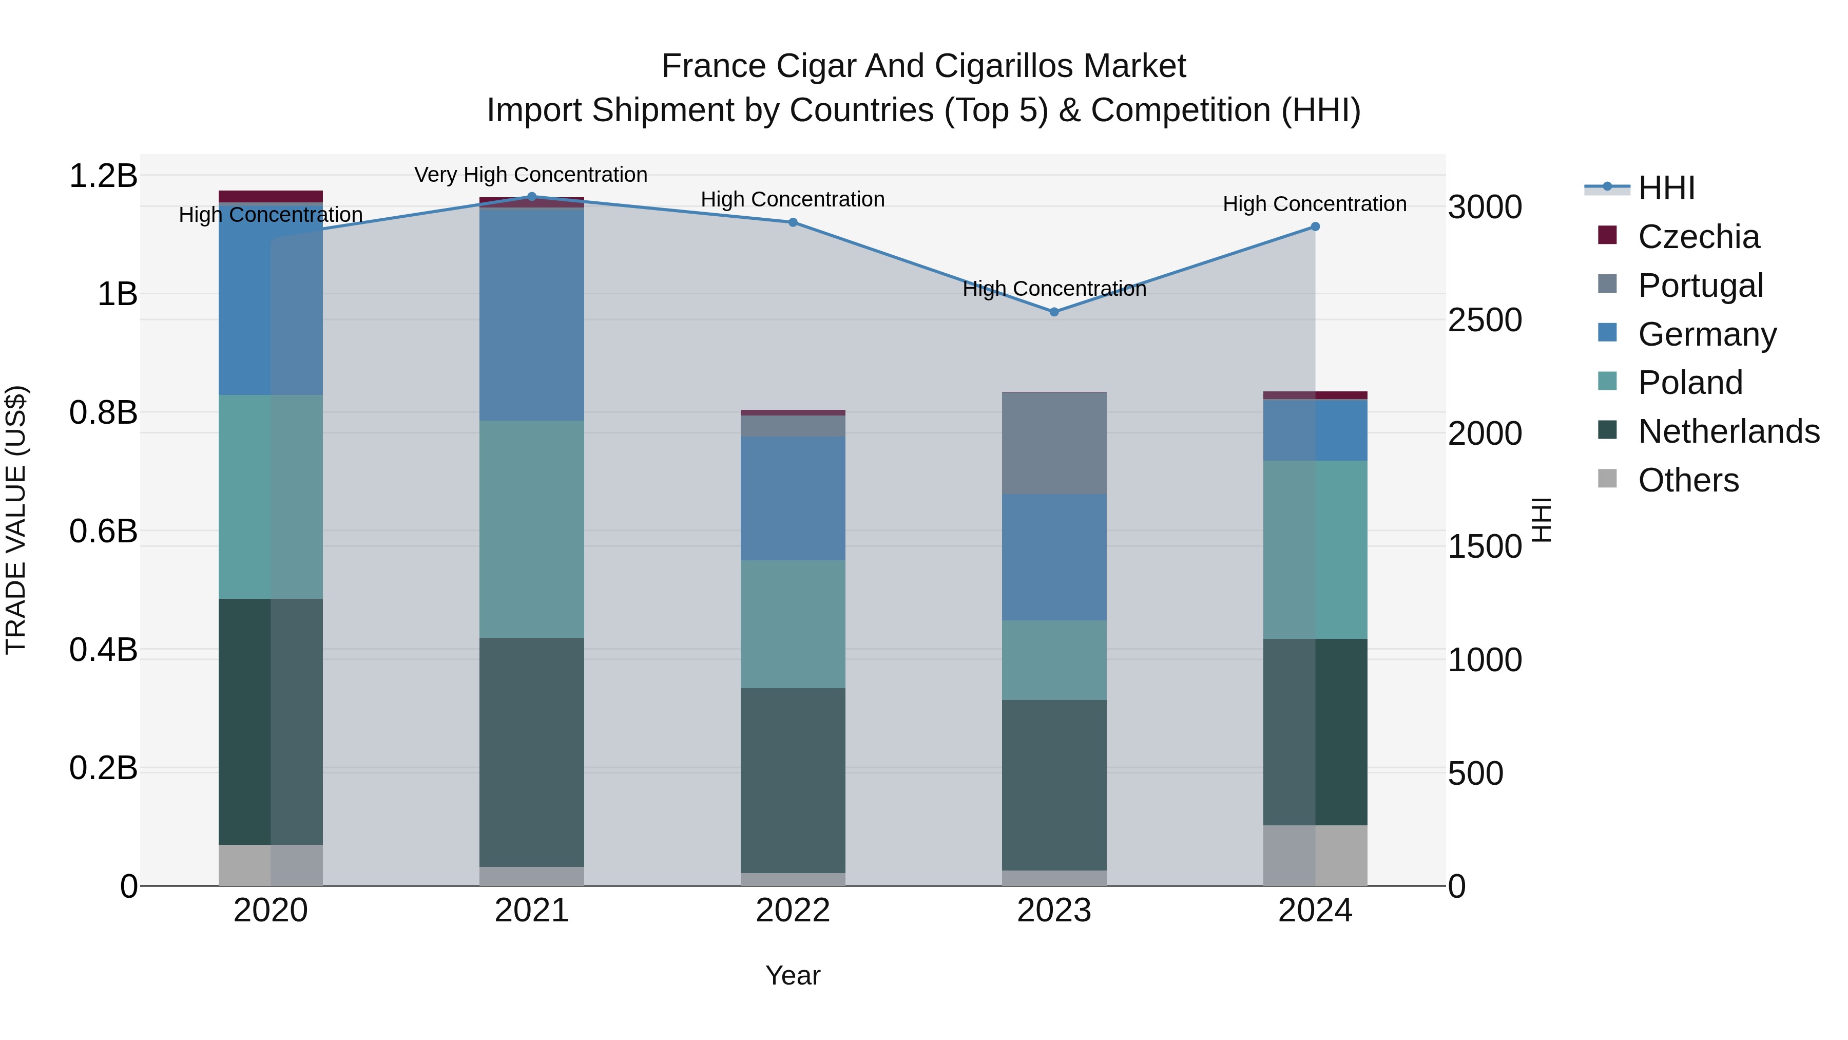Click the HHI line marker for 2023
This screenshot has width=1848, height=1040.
1054,312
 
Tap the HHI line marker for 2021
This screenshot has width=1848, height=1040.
532,197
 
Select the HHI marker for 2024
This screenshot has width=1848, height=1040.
1315,227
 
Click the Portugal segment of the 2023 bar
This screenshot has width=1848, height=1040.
1054,443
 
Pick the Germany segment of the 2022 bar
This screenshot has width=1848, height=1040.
793,498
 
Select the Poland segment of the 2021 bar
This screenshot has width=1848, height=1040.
532,529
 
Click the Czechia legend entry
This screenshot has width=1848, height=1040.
1698,237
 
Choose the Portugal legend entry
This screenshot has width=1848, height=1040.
1700,286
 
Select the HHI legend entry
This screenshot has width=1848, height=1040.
1666,188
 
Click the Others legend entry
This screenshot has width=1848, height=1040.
1688,480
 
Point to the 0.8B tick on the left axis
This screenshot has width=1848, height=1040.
103,413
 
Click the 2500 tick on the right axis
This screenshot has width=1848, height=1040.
1484,320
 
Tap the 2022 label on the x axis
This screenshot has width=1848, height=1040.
793,911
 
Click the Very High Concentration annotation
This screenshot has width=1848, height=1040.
531,175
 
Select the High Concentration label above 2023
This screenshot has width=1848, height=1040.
1054,289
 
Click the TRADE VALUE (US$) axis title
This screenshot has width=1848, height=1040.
16,520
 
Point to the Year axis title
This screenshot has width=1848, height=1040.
793,975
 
